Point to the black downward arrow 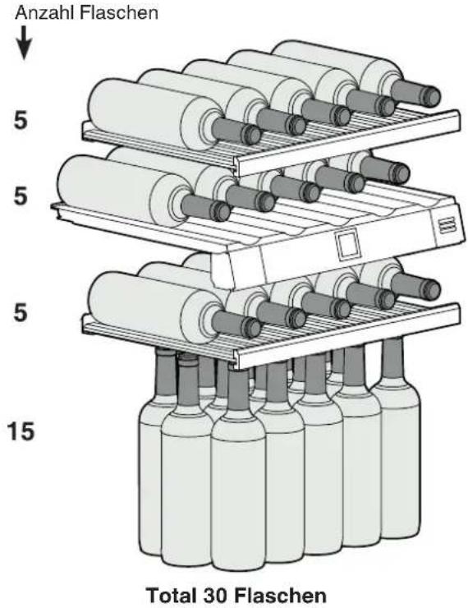coord(24,43)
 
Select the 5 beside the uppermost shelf coord(21,120)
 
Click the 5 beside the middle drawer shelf coord(21,196)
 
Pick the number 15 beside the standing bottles coord(21,431)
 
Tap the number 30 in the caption coord(214,595)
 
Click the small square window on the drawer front coord(348,245)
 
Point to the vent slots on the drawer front coord(447,225)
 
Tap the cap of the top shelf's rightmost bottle coord(431,97)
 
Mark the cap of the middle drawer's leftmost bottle coord(220,211)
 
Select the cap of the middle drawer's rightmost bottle coord(400,173)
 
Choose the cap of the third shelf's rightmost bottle coord(431,290)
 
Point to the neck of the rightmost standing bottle coord(392,359)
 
